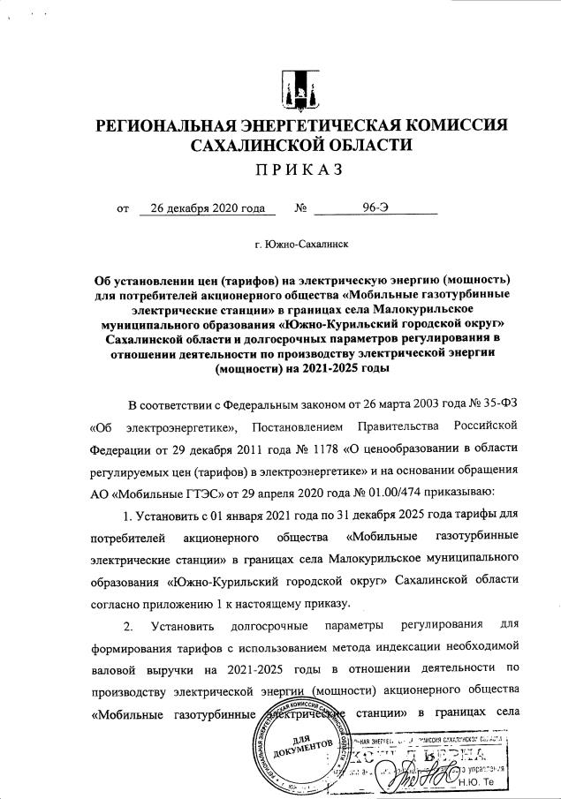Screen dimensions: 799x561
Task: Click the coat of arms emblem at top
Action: [296, 87]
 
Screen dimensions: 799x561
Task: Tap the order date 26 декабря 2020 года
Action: [208, 208]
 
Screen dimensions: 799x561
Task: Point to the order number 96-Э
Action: [375, 208]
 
